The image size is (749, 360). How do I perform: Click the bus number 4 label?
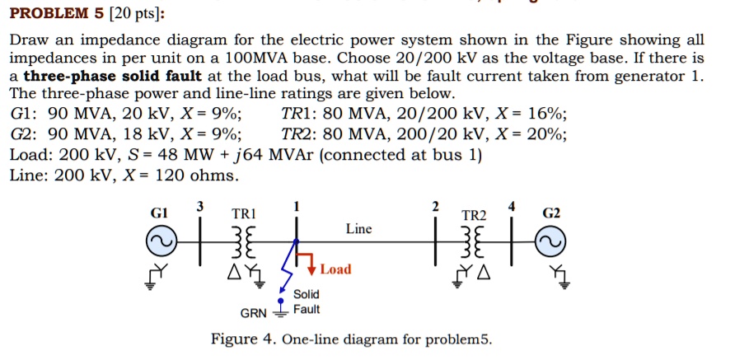pyautogui.click(x=512, y=205)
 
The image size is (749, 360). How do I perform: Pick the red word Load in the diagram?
pyautogui.click(x=335, y=269)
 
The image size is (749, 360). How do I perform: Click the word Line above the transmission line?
pyautogui.click(x=359, y=228)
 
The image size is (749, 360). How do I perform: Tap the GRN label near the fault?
pyautogui.click(x=253, y=314)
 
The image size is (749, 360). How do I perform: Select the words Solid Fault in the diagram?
pyautogui.click(x=306, y=302)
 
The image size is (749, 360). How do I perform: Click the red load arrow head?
pyautogui.click(x=313, y=269)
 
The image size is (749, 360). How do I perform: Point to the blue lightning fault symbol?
pyautogui.click(x=288, y=265)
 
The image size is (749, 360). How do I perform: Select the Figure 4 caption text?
pyautogui.click(x=351, y=339)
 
